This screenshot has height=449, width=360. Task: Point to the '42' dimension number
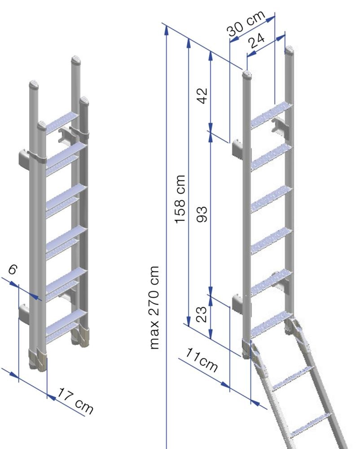click(x=202, y=95)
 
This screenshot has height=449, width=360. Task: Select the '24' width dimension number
click(x=259, y=43)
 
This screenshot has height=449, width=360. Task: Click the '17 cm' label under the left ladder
click(x=76, y=401)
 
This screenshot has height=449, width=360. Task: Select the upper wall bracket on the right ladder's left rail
click(x=237, y=148)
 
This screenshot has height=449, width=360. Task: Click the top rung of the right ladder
click(x=270, y=115)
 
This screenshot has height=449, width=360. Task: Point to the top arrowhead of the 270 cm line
click(x=167, y=30)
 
